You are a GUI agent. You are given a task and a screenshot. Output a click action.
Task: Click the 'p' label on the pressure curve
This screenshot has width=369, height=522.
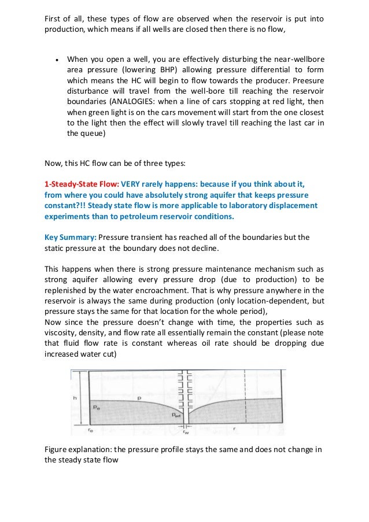point(139,398)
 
